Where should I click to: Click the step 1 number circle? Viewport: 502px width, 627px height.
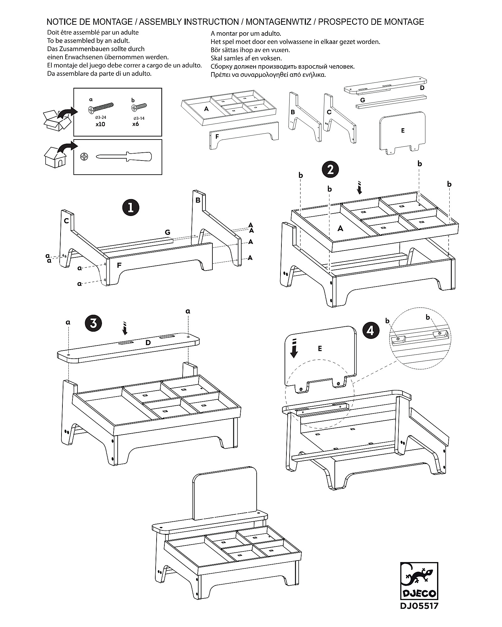coord(131,208)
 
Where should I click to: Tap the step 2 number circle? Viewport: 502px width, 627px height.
coord(330,170)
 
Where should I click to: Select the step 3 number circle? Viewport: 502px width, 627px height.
coord(93,323)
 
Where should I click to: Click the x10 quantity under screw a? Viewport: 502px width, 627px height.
coord(100,124)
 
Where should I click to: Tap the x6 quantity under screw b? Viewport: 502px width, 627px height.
coord(136,124)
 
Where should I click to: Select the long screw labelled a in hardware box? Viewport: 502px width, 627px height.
coord(101,108)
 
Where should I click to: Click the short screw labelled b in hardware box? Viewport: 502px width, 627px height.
coord(139,107)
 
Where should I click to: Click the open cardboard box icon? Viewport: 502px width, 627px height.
coord(56,120)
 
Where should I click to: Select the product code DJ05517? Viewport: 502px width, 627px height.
coord(419,606)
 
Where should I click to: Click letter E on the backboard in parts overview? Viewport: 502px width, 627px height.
coord(403,131)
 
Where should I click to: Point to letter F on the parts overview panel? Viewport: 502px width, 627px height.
coord(217,137)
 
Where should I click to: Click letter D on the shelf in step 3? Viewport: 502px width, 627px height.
coord(148,343)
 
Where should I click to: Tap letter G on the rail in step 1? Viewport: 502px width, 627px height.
coord(168,232)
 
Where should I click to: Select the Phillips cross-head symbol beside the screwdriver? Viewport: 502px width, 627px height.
coord(84,156)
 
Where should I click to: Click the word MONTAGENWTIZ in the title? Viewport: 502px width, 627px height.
coord(278,22)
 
